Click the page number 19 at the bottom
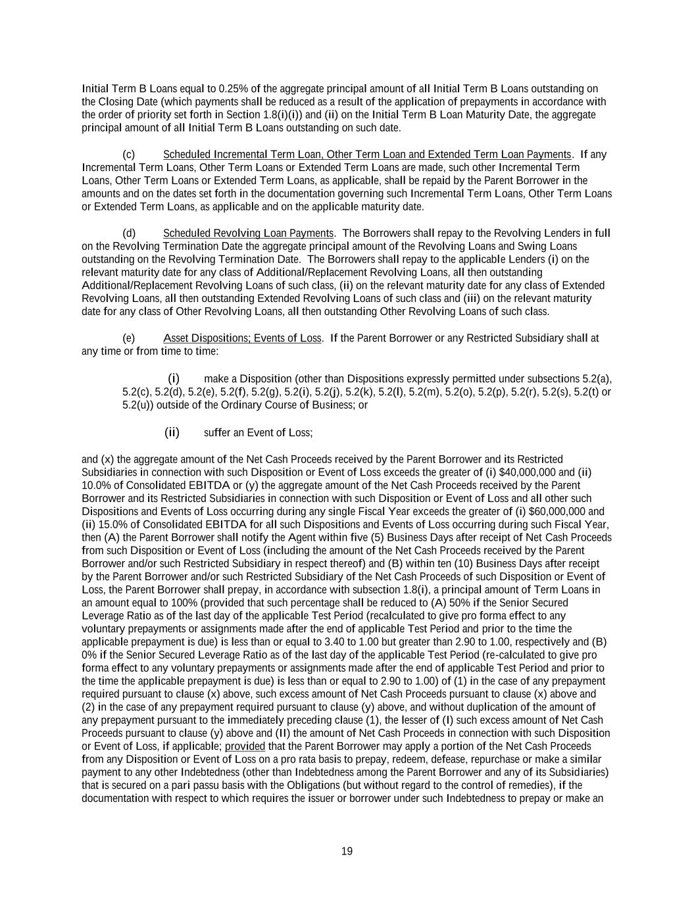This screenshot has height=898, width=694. coord(347,851)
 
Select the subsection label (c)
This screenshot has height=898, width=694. coord(129,155)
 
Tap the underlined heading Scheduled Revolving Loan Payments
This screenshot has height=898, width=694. coord(248,234)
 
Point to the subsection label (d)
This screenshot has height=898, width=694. coord(129,234)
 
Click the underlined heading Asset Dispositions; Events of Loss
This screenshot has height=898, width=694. coord(242,338)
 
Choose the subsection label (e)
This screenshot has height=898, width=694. coord(129,338)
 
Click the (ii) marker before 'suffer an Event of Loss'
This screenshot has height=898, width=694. coord(172,432)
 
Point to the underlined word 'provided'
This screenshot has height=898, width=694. coord(245,746)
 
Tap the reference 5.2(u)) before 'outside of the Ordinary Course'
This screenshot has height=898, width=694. coord(139,405)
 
